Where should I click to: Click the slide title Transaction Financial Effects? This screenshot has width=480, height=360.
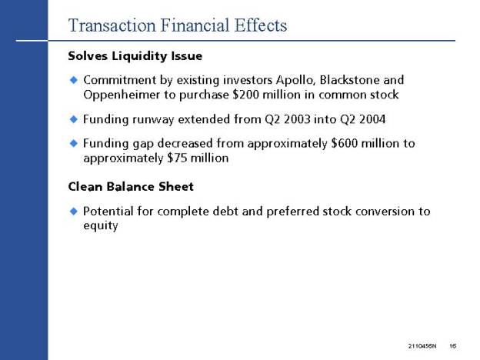coord(178,25)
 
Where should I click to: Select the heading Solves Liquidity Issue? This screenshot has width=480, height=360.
coord(135,56)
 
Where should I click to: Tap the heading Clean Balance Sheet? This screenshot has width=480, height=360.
coord(131,187)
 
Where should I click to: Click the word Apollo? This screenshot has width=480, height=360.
coord(295,80)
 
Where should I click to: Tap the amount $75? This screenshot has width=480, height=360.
coord(177,158)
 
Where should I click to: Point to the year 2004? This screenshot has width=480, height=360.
coord(372,119)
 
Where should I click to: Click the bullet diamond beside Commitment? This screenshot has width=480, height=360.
coord(74,80)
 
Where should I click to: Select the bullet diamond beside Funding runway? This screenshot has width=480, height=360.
coord(74,119)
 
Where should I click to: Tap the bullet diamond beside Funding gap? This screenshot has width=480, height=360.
coord(74,143)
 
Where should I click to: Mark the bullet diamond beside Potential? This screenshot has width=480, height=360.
coord(74,212)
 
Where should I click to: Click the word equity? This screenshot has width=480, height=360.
coord(101,226)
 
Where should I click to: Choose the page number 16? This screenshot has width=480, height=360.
coord(453,346)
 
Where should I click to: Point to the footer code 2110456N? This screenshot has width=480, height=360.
coord(422,346)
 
